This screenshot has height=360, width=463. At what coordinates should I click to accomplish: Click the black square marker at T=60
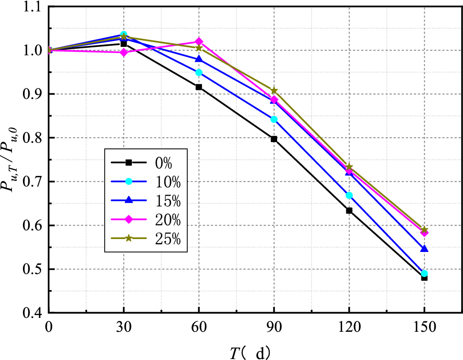pyautogui.click(x=199, y=87)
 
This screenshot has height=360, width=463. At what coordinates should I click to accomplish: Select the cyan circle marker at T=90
pyautogui.click(x=274, y=119)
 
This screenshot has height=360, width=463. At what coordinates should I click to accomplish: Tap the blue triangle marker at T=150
pyautogui.click(x=424, y=249)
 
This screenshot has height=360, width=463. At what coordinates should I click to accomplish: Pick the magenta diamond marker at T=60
pyautogui.click(x=199, y=42)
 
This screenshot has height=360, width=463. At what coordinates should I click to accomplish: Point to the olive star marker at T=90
pyautogui.click(x=274, y=90)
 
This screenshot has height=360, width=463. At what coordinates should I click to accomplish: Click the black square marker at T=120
pyautogui.click(x=349, y=210)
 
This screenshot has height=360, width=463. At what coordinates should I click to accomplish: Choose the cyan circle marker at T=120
pyautogui.click(x=349, y=196)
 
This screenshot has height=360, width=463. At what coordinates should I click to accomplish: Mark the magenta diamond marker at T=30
pyautogui.click(x=124, y=52)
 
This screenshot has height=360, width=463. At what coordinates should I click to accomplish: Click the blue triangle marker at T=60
pyautogui.click(x=199, y=59)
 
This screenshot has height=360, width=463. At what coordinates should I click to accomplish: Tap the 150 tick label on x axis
pyautogui.click(x=424, y=327)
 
